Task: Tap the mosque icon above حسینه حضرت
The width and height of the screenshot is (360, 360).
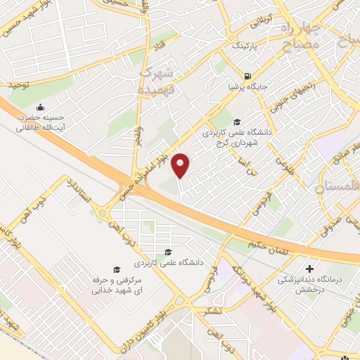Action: click(x=41, y=107)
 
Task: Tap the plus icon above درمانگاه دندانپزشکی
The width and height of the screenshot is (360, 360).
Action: click(x=309, y=269)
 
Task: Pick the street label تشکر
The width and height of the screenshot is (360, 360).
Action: click(x=210, y=311)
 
